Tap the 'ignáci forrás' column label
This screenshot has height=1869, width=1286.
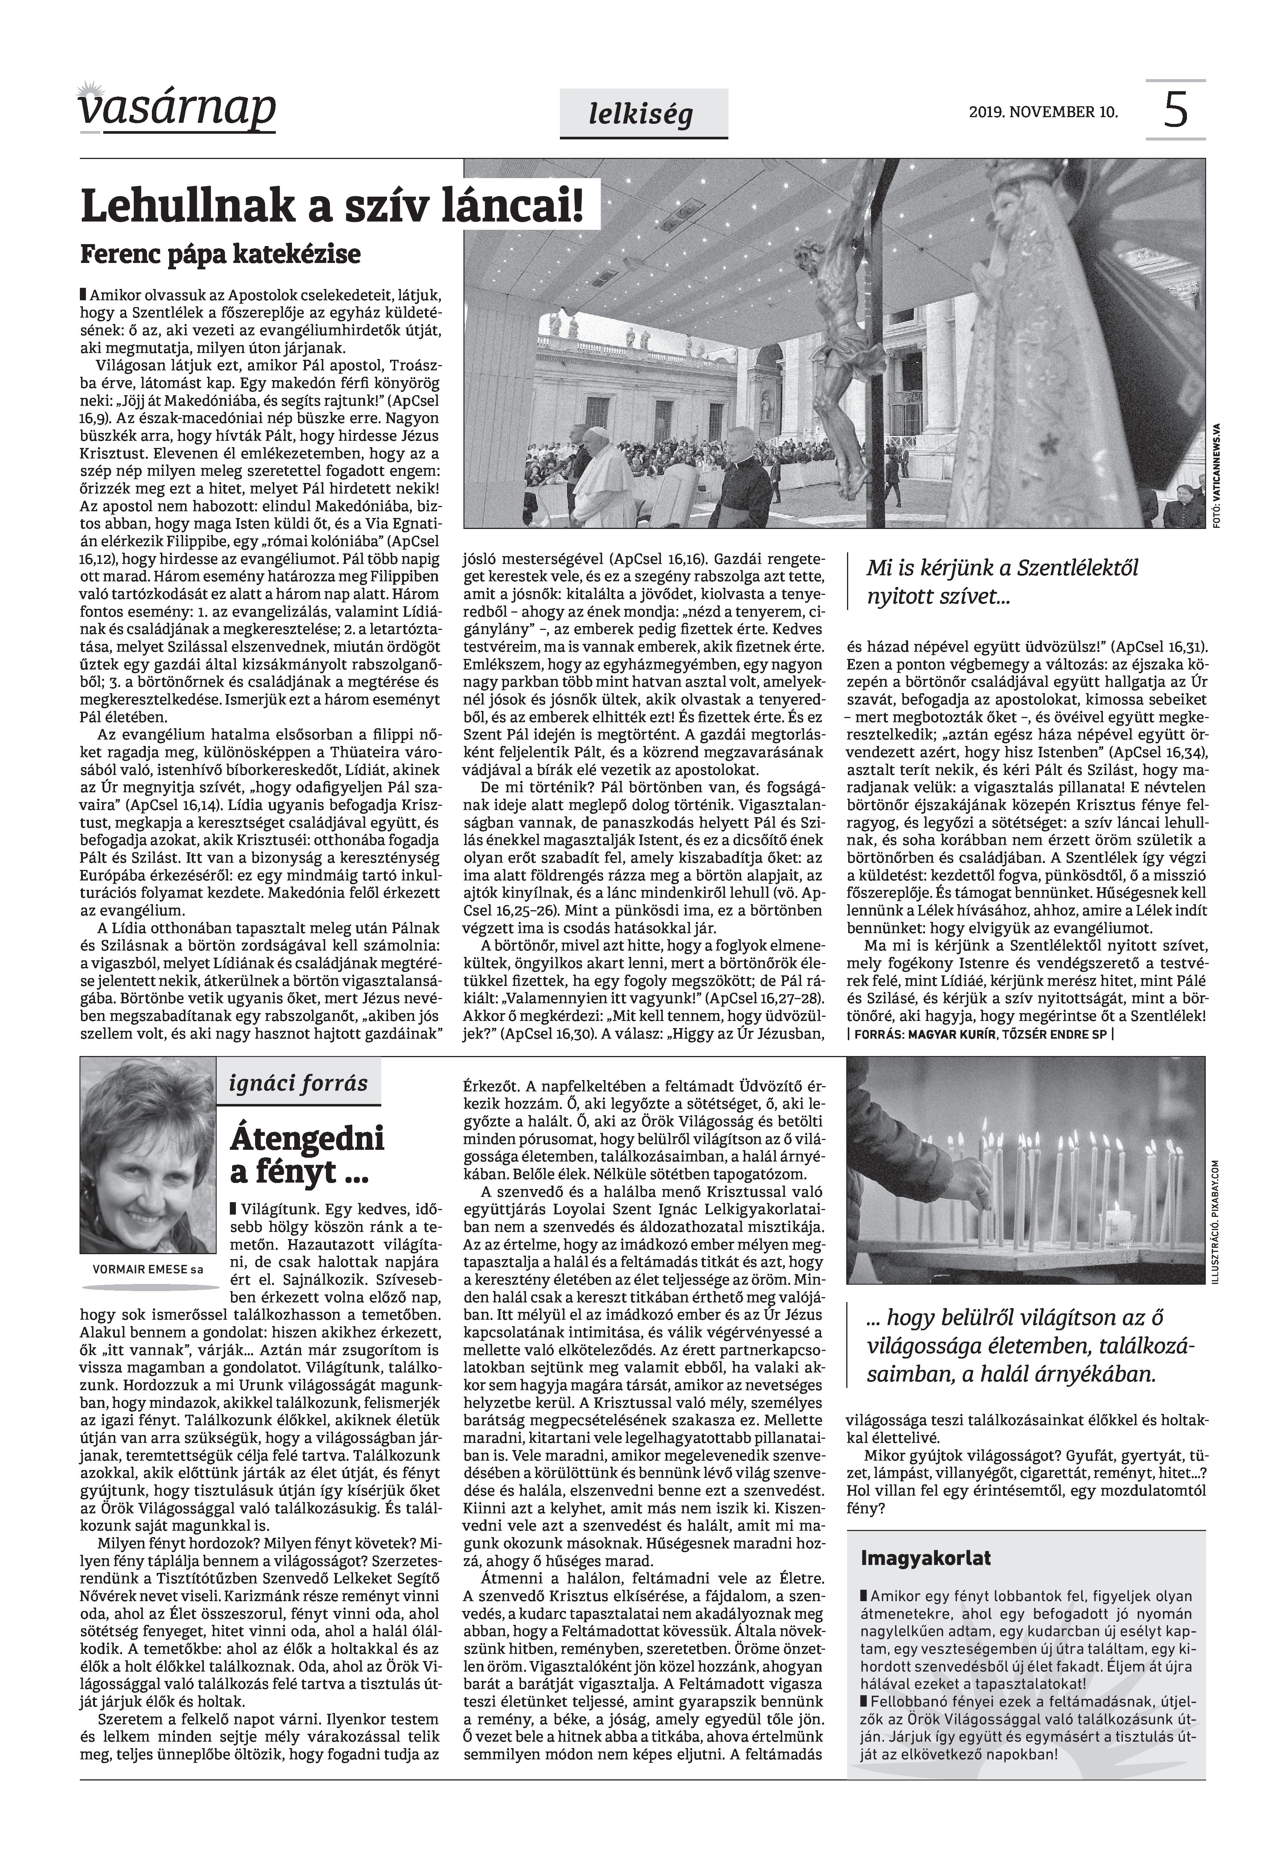298,1084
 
